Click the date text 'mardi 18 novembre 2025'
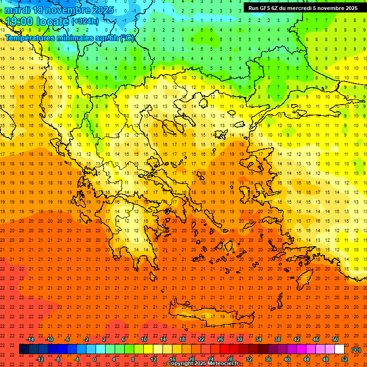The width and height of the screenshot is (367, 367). coord(59,10)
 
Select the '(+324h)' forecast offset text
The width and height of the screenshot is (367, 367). coord(85,21)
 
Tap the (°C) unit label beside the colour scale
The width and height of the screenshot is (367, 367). coord(356,350)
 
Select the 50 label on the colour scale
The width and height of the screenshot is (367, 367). coord(335,339)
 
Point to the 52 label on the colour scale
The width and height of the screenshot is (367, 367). coord(345,359)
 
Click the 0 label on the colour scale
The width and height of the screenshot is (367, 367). coord(95,359)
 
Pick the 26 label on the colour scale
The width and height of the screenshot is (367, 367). coord(220,339)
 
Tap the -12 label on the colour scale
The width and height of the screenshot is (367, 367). coord(40,359)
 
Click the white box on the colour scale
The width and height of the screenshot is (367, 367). coord(340,349)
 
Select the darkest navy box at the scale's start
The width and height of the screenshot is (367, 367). coord(24,349)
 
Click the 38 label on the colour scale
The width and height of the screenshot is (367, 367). coord(278,339)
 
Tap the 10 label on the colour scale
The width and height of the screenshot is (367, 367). coord(144,339)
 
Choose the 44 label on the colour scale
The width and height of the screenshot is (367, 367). coord(306,359)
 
